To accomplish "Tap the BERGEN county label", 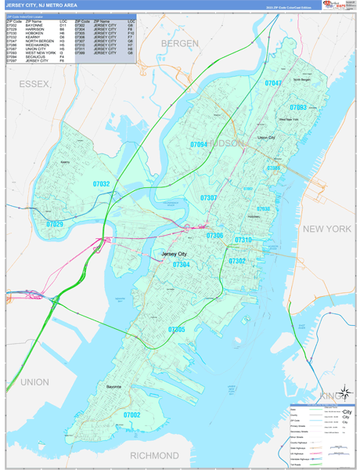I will [180, 43].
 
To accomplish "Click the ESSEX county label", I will [34, 82].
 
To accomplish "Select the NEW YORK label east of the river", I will [328, 229].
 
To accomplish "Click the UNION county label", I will [34, 381].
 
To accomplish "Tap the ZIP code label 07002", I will [131, 415].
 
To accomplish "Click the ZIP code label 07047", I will [273, 82].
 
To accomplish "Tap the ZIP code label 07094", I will [199, 145].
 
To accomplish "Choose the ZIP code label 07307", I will [208, 198].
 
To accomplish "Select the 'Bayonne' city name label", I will [114, 387].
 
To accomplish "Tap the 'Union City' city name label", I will [267, 137].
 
